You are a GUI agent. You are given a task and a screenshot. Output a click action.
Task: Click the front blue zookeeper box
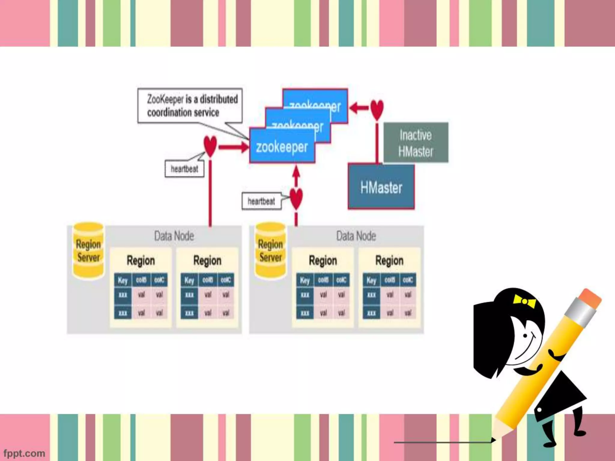pos(282,147)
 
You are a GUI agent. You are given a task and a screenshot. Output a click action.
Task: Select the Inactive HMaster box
pos(416,143)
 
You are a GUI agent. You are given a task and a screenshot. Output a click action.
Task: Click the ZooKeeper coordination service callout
pos(190,105)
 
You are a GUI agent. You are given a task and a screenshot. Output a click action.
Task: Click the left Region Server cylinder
pos(88,251)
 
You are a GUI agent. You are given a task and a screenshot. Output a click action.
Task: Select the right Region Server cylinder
pos(270,251)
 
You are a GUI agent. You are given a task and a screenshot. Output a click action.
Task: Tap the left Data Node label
pos(174,236)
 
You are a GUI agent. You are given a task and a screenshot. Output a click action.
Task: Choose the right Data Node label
pos(356,236)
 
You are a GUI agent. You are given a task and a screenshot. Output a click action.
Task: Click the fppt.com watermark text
pos(24,453)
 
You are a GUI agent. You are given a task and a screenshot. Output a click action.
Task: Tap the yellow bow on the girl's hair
pos(525,302)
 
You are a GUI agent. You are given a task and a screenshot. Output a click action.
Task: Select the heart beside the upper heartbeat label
pos(210,146)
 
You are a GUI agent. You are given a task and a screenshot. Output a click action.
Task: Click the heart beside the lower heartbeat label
pos(296,198)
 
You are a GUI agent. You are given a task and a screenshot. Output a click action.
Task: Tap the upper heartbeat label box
pos(184,169)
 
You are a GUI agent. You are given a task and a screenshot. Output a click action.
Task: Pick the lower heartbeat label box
pos(261,201)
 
